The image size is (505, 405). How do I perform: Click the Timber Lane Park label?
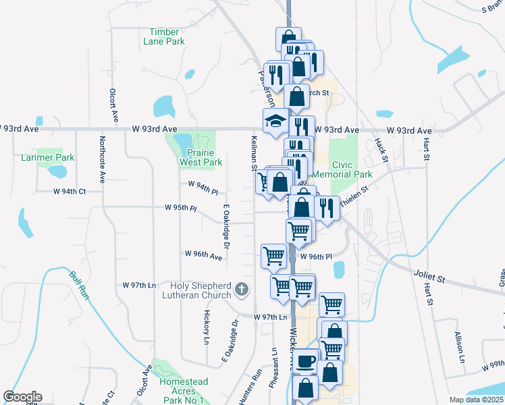[163, 36]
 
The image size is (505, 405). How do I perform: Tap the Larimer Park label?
[55, 158]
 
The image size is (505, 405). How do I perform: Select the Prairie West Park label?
[201, 157]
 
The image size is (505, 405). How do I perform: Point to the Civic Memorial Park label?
[352, 169]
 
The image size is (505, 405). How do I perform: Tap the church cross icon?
[242, 290]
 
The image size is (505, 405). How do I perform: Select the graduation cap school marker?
[275, 122]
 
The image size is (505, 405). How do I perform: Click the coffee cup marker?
[306, 360]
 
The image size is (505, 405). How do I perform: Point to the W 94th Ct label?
[70, 191]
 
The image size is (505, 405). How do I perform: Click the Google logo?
[22, 397]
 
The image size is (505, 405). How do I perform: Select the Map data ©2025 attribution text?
[475, 400]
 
